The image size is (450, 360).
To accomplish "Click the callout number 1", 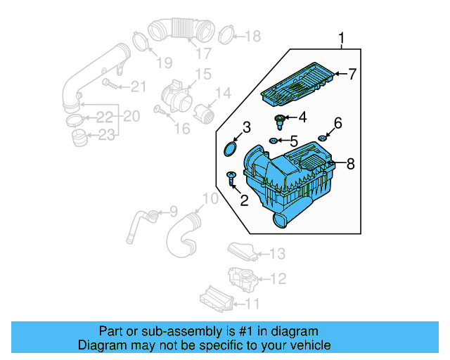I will pos(342,37).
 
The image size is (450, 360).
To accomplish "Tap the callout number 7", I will pos(352,73).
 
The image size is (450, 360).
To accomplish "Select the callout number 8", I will pos(351,164).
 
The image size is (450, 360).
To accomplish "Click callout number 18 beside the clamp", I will pos(252,35).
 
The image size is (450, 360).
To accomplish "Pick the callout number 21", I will pos(139,86).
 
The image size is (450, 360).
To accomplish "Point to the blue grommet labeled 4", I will pos(281,119).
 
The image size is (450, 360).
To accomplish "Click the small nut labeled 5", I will pos(273,141).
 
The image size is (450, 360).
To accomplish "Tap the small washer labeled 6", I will pos(323,136).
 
